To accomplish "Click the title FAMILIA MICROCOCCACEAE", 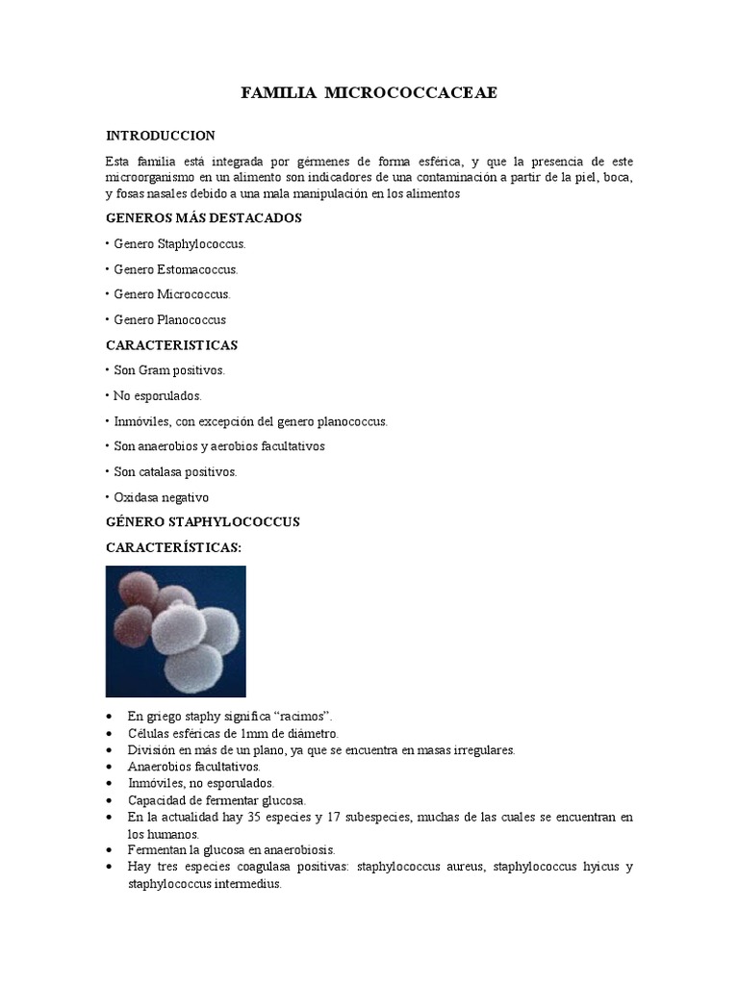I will coord(369,93).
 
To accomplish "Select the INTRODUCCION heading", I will coord(160,136).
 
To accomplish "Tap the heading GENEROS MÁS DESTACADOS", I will coord(203,218).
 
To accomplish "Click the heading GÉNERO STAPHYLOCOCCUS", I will coord(202,522).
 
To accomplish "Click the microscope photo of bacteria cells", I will coord(175,631).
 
